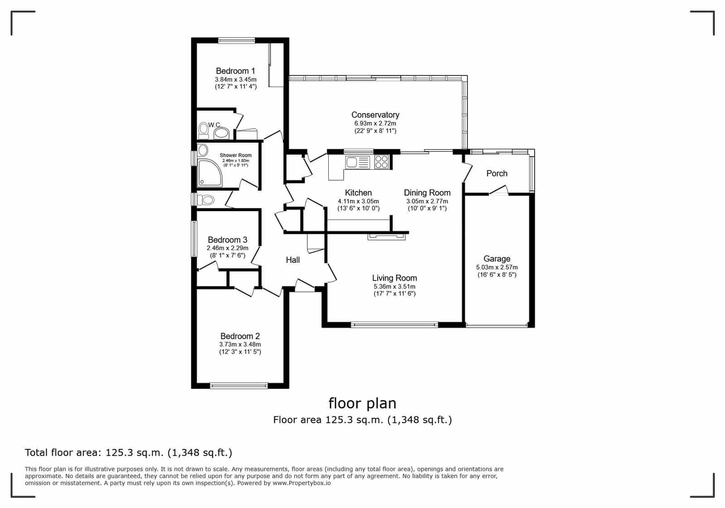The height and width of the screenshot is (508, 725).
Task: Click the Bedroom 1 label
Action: pos(235,71)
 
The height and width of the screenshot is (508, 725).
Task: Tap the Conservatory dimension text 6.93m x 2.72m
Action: pos(375,123)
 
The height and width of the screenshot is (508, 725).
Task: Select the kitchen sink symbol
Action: pos(357,162)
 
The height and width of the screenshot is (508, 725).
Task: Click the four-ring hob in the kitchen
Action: pos(381,162)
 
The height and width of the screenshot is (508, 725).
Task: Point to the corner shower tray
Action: pos(210,173)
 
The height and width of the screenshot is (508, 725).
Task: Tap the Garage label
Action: pos(496,259)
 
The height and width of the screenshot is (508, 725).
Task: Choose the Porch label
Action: pos(496,173)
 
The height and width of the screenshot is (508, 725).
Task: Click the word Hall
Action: pos(292,260)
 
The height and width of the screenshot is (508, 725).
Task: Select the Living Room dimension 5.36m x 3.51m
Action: pos(394,286)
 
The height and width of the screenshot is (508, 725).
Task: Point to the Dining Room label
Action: pos(427,193)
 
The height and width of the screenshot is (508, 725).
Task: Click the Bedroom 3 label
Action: pos(227,240)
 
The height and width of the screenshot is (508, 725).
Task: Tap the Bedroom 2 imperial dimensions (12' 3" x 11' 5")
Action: pos(240,352)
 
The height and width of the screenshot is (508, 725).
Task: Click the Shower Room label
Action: pos(235,155)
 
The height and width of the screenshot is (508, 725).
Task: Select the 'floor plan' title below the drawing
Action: pos(362,403)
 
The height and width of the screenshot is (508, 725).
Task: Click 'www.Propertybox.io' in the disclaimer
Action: pos(302,483)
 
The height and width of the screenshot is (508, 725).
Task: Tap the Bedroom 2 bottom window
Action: pos(239,385)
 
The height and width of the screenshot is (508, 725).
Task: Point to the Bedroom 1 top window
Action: pos(236,40)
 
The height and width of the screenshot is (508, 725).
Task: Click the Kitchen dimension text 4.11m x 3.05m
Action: pos(358,201)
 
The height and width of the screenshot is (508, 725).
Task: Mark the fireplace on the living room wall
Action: pos(386,237)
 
